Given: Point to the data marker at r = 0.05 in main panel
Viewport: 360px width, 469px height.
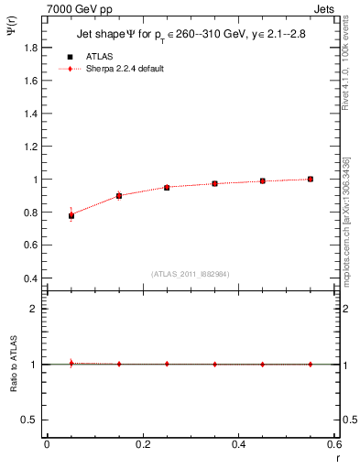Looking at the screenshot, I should tap(71, 215).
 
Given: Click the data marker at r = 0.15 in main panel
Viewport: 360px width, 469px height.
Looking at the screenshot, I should tap(119, 196).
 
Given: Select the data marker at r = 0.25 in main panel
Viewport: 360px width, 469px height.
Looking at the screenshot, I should tap(167, 187).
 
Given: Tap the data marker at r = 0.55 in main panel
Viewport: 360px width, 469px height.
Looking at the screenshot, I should tap(311, 179).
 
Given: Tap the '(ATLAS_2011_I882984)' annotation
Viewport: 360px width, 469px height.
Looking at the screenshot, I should tap(191, 273).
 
